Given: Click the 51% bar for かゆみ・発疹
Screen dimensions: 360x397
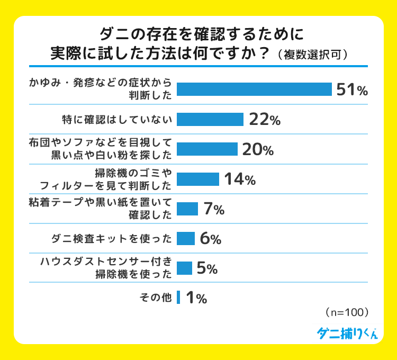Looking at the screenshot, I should (x=254, y=89).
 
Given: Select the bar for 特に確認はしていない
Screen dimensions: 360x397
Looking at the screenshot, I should (x=210, y=120).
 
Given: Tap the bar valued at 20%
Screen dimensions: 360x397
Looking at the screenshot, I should (x=207, y=149).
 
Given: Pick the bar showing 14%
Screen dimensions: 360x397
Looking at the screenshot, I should (x=197, y=179).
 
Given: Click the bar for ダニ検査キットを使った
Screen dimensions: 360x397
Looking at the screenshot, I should (x=185, y=239).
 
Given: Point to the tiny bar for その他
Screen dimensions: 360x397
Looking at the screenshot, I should (x=178, y=298).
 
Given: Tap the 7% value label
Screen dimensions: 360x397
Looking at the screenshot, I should (x=214, y=209).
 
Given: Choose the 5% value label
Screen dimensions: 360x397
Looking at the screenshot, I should (x=207, y=268).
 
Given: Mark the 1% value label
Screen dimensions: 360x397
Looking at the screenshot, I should (x=196, y=298).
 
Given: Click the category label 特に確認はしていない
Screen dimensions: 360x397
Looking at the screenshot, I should (x=116, y=120).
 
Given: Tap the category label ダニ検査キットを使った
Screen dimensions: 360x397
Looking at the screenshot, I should (x=112, y=239).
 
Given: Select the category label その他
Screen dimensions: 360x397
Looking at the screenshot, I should (x=155, y=298).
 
